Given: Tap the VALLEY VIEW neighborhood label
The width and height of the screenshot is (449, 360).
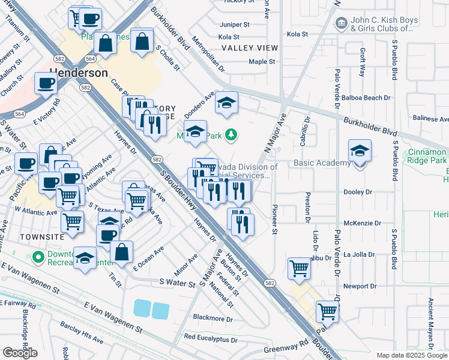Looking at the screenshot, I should pyautogui.click(x=250, y=48).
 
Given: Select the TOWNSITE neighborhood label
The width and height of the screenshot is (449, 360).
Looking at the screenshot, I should pyautogui.click(x=25, y=237).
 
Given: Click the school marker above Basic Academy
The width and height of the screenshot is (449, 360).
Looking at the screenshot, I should pyautogui.click(x=360, y=151).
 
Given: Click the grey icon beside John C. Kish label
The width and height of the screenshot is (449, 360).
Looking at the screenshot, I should pyautogui.click(x=341, y=23).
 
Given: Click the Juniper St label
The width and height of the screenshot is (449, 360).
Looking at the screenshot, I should pyautogui.click(x=235, y=25).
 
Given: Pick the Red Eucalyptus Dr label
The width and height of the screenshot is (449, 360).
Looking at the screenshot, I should pyautogui.click(x=211, y=339).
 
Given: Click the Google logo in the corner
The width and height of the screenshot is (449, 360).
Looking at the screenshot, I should pyautogui.click(x=20, y=353).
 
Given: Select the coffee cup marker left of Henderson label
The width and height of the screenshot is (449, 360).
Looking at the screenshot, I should pyautogui.click(x=46, y=83).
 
